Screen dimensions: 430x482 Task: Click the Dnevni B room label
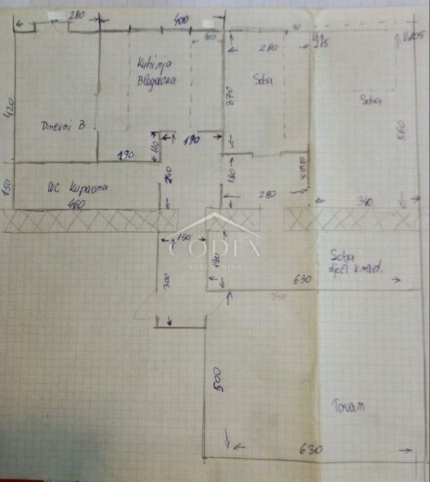(62, 126)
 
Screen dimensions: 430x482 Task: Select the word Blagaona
(156, 80)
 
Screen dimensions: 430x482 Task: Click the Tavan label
(350, 407)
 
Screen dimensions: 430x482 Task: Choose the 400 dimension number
(180, 22)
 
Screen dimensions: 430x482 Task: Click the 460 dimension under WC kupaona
(78, 204)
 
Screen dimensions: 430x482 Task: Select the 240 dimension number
(169, 176)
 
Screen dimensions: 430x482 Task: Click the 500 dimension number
(217, 379)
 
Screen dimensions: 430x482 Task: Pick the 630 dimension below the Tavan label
(311, 449)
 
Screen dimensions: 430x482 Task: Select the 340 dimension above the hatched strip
(364, 203)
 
